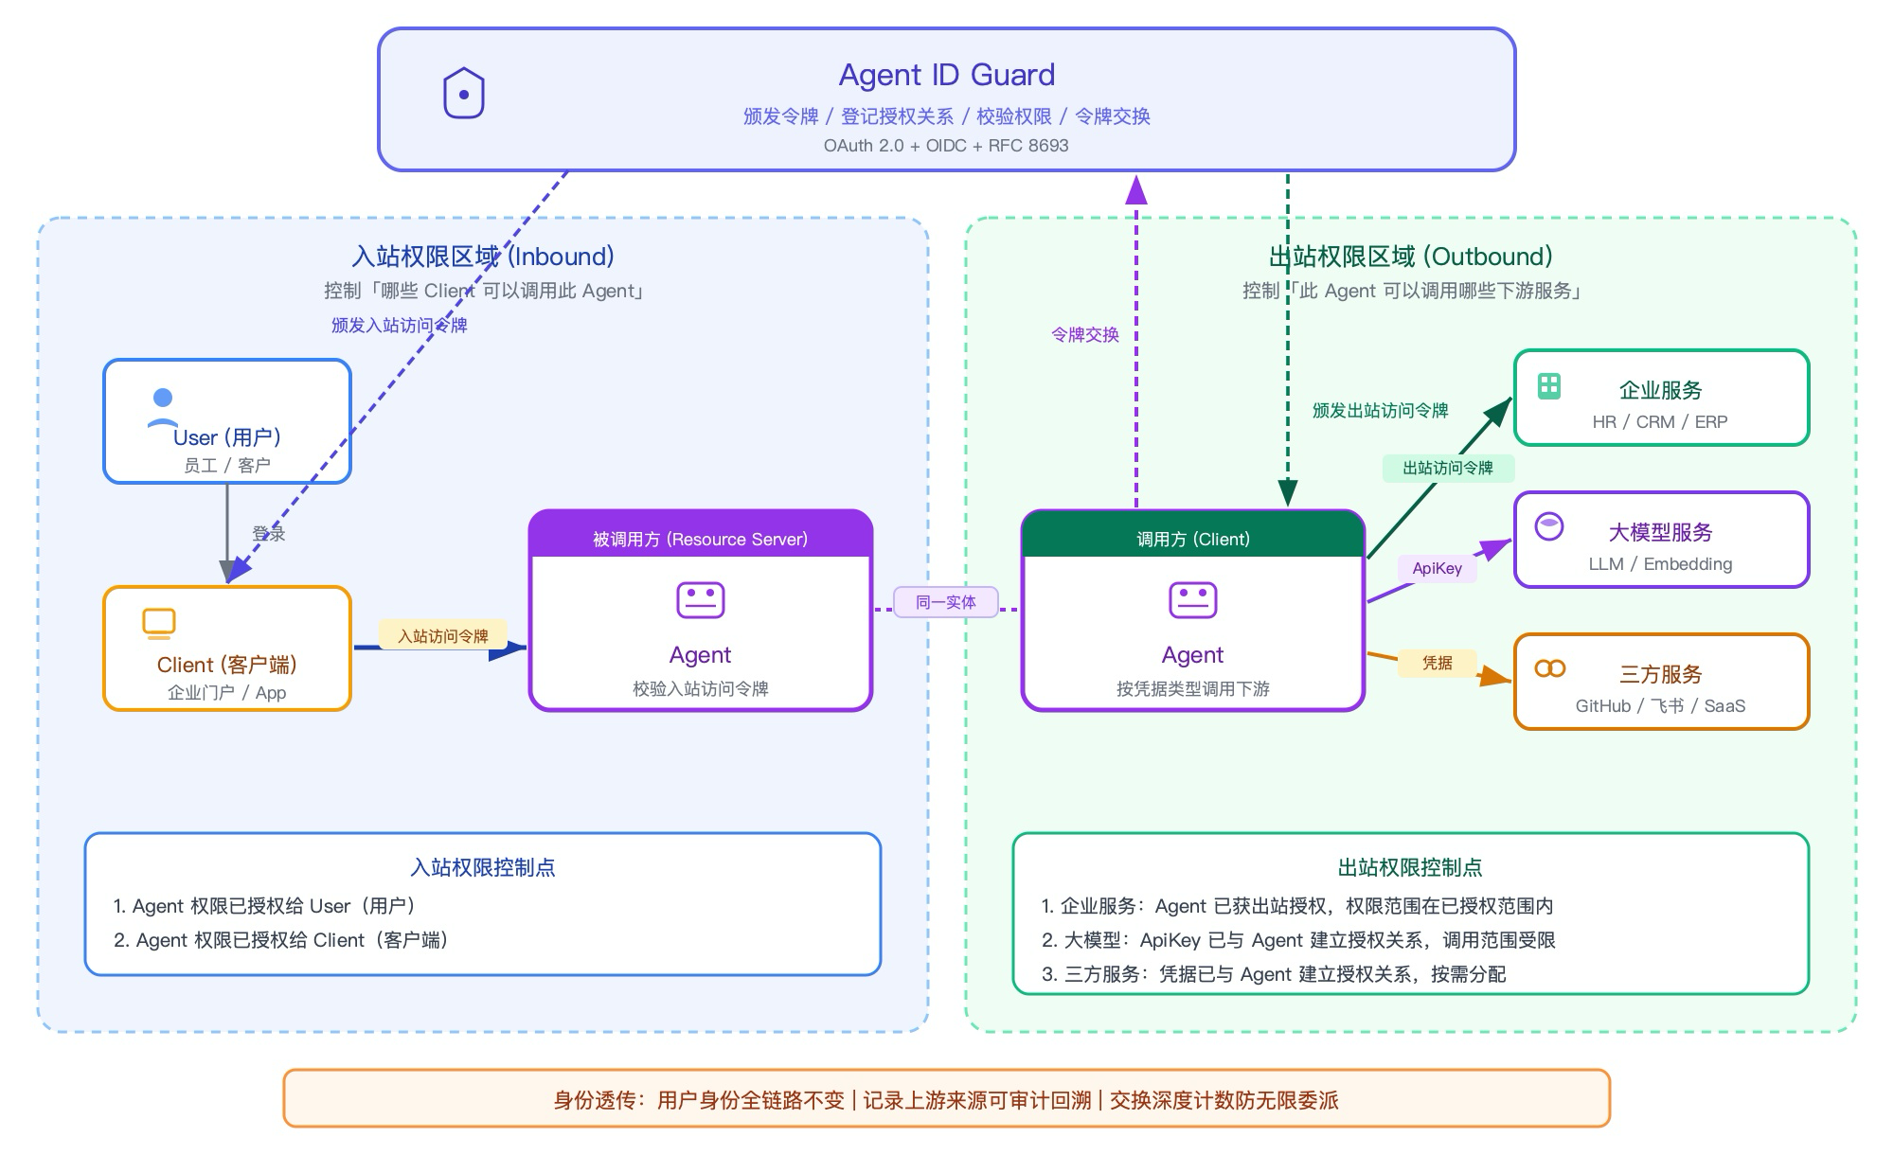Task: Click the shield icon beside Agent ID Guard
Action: click(464, 93)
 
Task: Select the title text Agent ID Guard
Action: click(947, 75)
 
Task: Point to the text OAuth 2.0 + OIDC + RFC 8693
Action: click(946, 146)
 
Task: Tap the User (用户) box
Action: click(227, 421)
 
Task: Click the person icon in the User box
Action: click(163, 409)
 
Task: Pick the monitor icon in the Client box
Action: click(159, 624)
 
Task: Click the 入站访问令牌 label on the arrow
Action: click(443, 635)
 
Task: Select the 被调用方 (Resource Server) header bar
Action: click(701, 535)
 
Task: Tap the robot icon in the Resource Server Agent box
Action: click(701, 600)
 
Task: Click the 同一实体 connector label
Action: click(946, 602)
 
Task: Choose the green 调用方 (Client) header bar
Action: click(1193, 535)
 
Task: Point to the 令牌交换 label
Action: click(1085, 334)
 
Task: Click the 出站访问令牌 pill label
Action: click(1448, 468)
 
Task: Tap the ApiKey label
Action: click(1438, 568)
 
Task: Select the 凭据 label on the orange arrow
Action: click(1438, 663)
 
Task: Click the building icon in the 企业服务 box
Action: click(1549, 385)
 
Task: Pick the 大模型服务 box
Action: click(1662, 540)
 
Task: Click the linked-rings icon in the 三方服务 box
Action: click(1550, 668)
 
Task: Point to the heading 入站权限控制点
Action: click(483, 867)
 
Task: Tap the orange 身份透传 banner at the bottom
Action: click(947, 1098)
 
